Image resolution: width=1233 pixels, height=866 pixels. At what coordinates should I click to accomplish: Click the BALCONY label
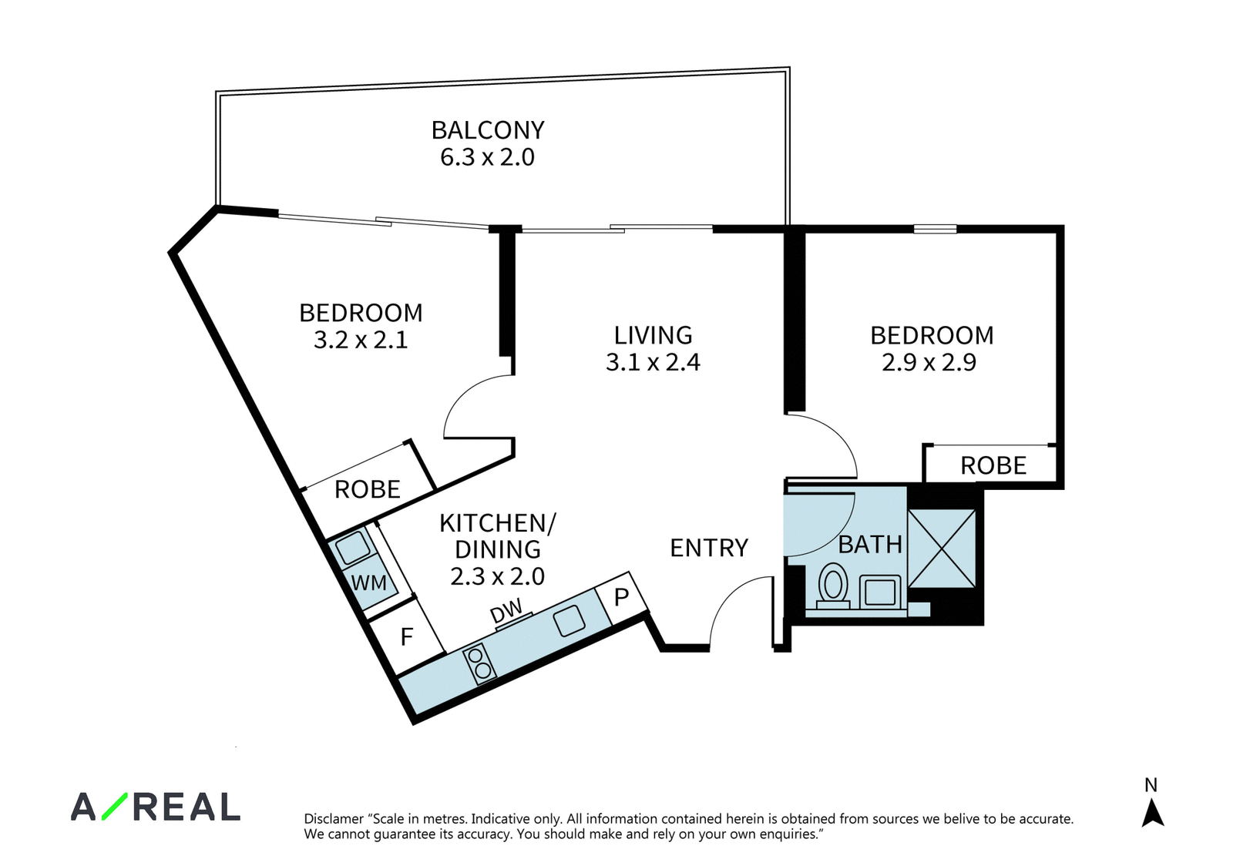[488, 130]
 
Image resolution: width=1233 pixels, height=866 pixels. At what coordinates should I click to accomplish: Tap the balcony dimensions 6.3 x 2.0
[487, 157]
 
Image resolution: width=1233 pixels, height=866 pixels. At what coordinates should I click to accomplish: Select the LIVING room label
[653, 335]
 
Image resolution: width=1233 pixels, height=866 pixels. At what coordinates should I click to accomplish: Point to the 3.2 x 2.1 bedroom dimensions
[361, 340]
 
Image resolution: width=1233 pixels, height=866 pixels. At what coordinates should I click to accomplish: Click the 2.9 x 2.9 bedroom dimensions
[929, 362]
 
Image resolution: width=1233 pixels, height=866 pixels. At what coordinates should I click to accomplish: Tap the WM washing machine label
[369, 582]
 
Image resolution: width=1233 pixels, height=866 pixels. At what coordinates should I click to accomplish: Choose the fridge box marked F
[406, 636]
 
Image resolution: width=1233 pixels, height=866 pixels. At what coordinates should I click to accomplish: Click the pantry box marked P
[622, 597]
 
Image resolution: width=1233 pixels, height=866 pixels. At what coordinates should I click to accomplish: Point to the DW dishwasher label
[506, 610]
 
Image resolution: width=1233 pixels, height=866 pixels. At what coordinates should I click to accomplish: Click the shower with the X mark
[942, 548]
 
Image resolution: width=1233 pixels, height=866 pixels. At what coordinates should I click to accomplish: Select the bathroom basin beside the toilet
[880, 592]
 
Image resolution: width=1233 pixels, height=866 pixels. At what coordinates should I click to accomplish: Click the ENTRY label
[709, 548]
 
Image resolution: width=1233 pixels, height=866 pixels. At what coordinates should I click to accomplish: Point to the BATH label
[870, 545]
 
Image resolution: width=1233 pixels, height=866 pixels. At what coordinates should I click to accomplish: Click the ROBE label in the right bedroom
[993, 465]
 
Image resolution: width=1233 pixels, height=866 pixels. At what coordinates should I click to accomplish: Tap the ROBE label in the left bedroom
[367, 489]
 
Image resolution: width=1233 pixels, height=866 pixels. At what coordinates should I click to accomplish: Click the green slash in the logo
[115, 806]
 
